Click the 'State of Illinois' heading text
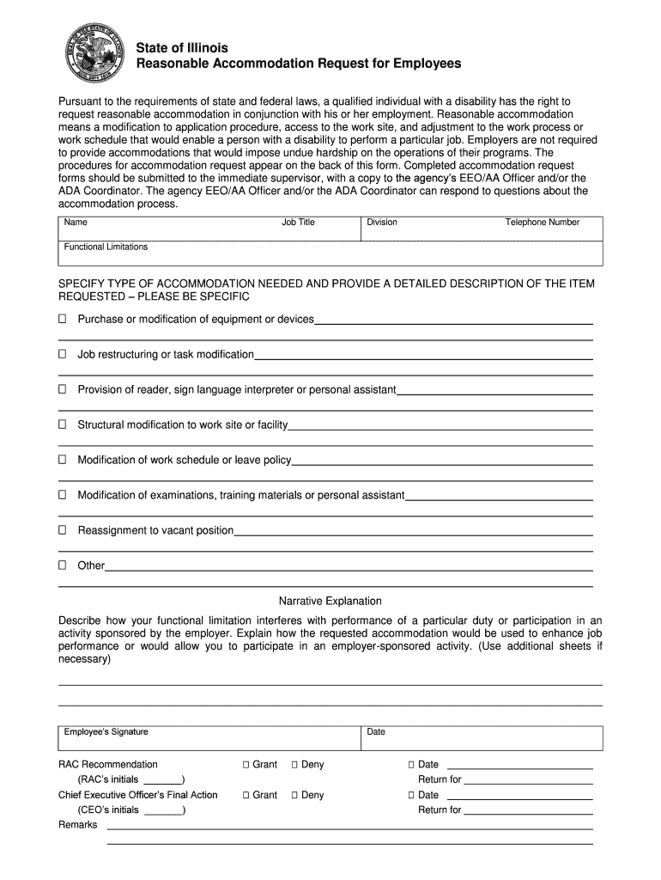point(182,47)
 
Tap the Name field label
point(76,223)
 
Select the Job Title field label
point(298,223)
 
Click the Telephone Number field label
point(542,223)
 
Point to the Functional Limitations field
point(330,253)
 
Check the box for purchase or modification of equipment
point(62,320)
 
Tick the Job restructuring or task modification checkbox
point(62,354)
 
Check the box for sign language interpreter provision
point(62,389)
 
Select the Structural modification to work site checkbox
point(62,425)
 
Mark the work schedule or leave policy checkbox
point(62,460)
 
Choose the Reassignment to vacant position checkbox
point(62,530)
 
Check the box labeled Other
point(62,565)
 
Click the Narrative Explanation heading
point(330,601)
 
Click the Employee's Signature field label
point(106,732)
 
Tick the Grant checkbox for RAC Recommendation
point(246,765)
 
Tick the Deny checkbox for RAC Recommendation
point(294,765)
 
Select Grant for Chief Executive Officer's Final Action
point(246,796)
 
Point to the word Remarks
point(77,825)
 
